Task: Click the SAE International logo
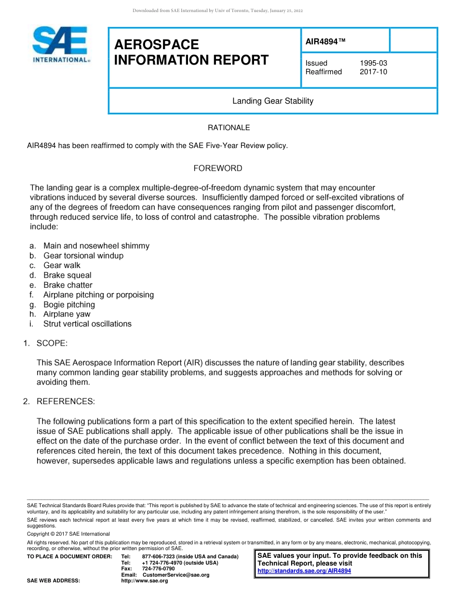tap(60, 45)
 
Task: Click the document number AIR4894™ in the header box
tap(326, 42)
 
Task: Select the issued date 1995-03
tap(373, 63)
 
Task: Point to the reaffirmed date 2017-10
tap(373, 72)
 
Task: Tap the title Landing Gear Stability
tap(273, 101)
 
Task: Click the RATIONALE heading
tap(229, 128)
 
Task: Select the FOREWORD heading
tap(218, 168)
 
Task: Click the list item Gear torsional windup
tap(83, 256)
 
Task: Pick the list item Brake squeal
tap(67, 275)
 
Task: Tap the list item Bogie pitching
tap(69, 304)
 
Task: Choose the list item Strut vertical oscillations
tap(87, 323)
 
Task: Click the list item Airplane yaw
tap(67, 314)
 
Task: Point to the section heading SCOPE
tap(52, 343)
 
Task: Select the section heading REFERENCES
tap(66, 401)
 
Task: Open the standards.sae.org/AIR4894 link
tap(304, 571)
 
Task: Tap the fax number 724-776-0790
tap(159, 568)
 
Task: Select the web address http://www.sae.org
tap(145, 581)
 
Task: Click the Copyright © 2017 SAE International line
tap(68, 534)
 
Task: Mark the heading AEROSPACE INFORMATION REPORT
tap(191, 53)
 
